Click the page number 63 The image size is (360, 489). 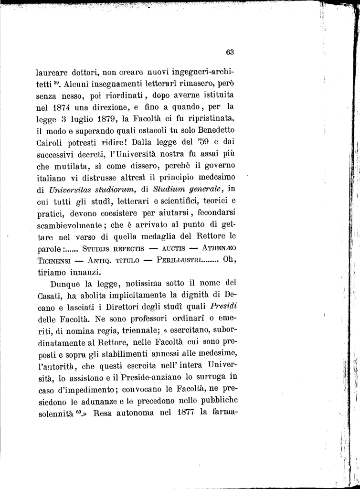point(230,52)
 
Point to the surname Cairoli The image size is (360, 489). point(51,142)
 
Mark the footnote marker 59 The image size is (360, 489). point(56,84)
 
